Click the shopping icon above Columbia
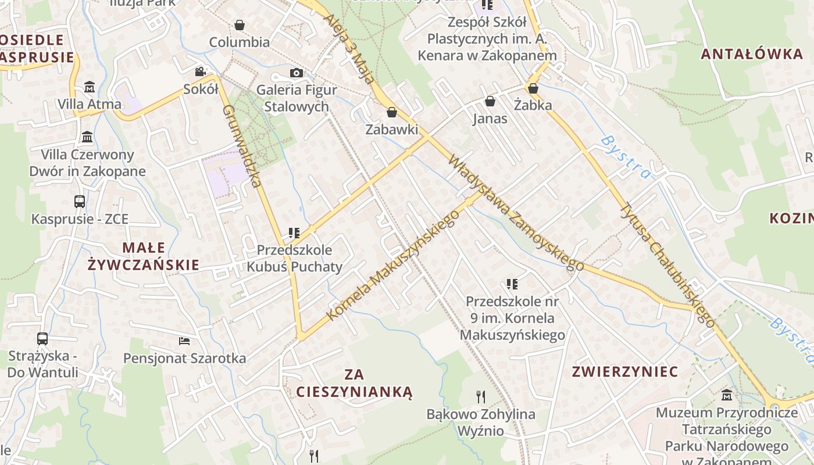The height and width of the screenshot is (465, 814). (239, 25)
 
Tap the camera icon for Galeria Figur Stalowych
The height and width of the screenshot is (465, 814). (297, 73)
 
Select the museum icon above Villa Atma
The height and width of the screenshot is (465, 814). (90, 87)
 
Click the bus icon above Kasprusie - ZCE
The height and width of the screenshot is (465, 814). (80, 202)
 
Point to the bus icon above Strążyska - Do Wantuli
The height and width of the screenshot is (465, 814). (42, 338)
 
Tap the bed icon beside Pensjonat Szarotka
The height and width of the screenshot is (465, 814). (184, 341)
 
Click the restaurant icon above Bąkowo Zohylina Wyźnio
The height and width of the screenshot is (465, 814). (481, 397)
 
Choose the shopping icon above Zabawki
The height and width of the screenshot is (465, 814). (392, 112)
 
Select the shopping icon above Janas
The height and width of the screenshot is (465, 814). (490, 101)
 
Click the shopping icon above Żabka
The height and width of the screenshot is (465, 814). (533, 88)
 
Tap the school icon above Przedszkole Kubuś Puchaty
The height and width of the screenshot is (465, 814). (294, 233)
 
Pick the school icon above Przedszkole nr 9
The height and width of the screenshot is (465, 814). (512, 284)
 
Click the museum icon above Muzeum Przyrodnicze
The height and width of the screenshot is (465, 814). (727, 395)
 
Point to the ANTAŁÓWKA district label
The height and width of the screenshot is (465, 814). (751, 54)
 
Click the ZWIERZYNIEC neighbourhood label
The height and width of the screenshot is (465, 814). (624, 371)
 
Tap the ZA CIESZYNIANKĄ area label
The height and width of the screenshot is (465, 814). (354, 382)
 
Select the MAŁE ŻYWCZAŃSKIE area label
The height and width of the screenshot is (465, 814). (143, 256)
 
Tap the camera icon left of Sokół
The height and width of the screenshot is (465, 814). (200, 71)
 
